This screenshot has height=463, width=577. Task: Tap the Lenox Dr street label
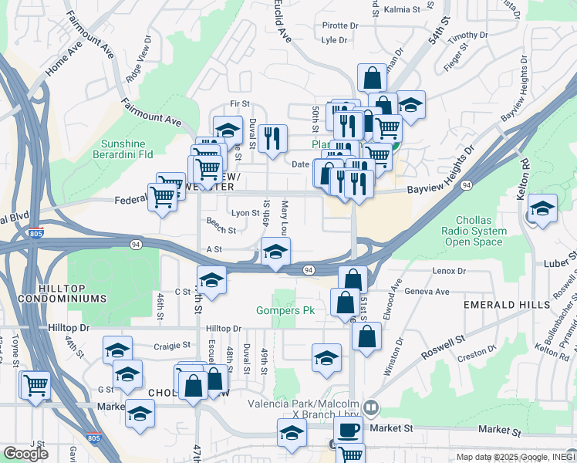pyautogui.click(x=450, y=271)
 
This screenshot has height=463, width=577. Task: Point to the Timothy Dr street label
pyautogui.click(x=464, y=36)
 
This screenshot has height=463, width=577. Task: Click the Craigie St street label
pyautogui.click(x=171, y=346)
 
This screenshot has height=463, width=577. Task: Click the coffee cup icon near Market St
pyautogui.click(x=347, y=429)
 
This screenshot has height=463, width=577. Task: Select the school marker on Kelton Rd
pyautogui.click(x=543, y=208)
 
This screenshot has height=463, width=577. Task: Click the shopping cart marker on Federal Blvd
pyautogui.click(x=162, y=196)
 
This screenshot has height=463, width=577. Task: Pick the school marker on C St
pyautogui.click(x=211, y=280)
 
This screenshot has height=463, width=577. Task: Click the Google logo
pyautogui.click(x=25, y=454)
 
